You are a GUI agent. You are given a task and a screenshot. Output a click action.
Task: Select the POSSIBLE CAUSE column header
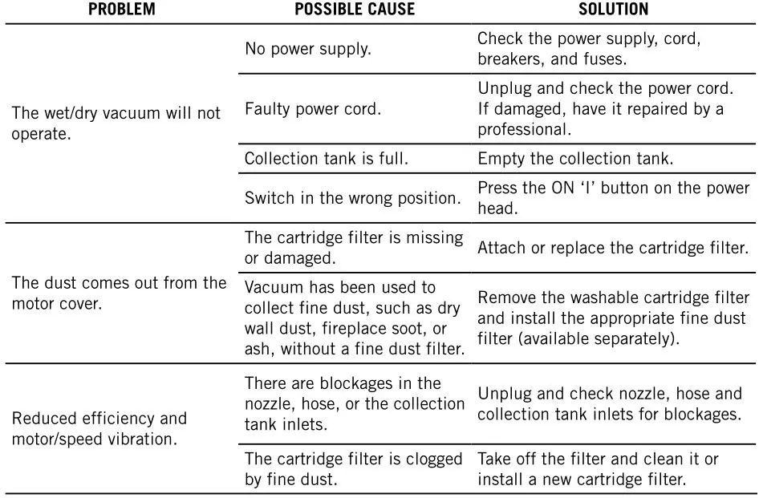tap(355, 10)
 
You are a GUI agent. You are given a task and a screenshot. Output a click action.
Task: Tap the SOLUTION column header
tap(613, 10)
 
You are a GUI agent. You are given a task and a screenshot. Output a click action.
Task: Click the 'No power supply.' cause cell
tap(308, 48)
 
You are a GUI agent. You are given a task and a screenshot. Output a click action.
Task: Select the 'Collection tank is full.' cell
tap(327, 159)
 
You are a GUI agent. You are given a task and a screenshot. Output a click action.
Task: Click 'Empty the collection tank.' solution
tap(575, 159)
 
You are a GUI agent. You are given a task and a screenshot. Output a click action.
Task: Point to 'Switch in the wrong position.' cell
tap(352, 197)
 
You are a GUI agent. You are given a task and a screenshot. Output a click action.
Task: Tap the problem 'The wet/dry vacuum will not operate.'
tap(116, 123)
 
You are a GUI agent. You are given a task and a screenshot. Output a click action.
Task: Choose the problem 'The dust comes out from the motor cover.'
tap(119, 294)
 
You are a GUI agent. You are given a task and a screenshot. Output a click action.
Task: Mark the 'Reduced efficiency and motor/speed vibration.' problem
tap(99, 428)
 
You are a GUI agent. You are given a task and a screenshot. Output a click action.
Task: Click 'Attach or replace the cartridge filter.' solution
tap(613, 248)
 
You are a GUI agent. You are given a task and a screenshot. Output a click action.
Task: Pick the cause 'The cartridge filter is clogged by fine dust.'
tap(353, 469)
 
